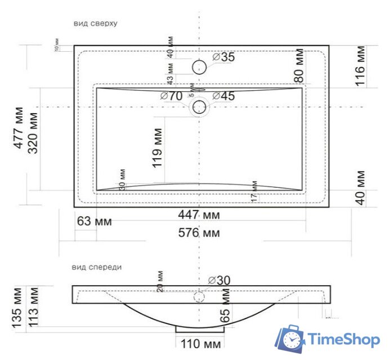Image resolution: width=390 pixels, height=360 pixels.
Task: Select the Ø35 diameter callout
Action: click(x=223, y=57)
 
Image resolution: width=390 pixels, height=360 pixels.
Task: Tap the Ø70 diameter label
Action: click(x=171, y=96)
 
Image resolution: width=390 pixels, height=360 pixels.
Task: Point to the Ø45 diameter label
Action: click(x=223, y=96)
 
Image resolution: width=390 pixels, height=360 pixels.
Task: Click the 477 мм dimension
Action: click(x=19, y=128)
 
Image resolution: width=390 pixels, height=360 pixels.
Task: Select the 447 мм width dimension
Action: click(x=199, y=215)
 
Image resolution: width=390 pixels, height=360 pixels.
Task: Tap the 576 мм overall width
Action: click(x=199, y=232)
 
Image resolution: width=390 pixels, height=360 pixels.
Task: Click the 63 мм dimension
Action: click(x=94, y=221)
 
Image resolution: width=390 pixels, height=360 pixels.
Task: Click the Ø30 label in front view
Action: click(x=219, y=280)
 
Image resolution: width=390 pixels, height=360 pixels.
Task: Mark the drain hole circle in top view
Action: click(x=199, y=106)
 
